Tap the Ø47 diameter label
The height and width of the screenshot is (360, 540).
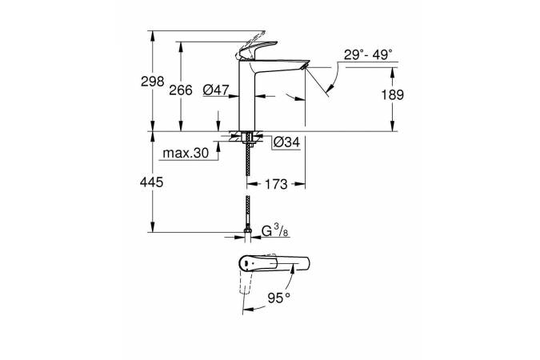point(217,90)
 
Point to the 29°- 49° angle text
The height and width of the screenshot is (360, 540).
point(368,54)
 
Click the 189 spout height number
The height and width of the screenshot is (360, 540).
point(392,94)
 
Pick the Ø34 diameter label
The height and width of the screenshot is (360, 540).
point(286,142)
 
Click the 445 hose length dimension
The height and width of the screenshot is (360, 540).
point(152,183)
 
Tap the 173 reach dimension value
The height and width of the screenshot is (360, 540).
point(275,185)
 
